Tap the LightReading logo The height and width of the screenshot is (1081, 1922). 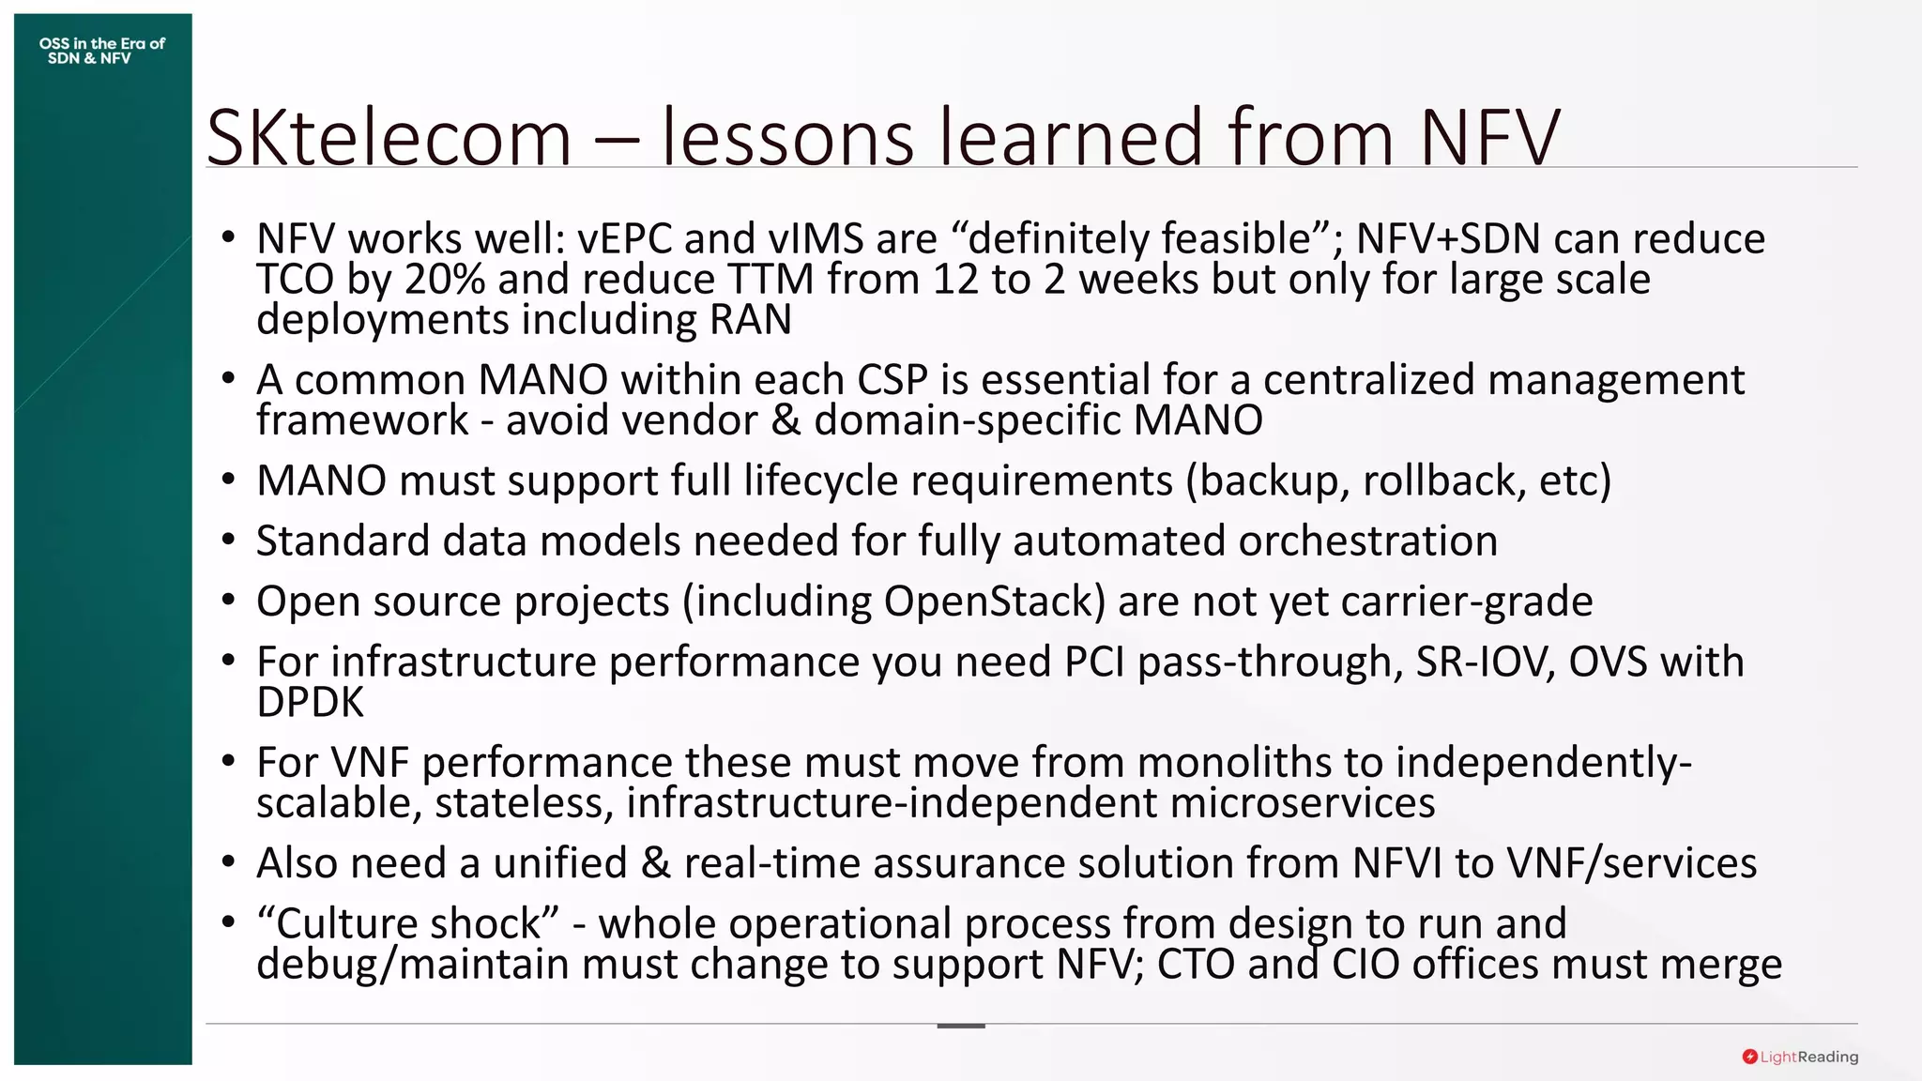(x=1799, y=1057)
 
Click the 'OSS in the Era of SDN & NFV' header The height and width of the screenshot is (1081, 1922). (x=101, y=51)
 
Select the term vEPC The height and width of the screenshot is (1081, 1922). (x=624, y=239)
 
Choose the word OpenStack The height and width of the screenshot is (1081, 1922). (x=995, y=601)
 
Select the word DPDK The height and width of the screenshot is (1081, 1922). (x=310, y=703)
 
